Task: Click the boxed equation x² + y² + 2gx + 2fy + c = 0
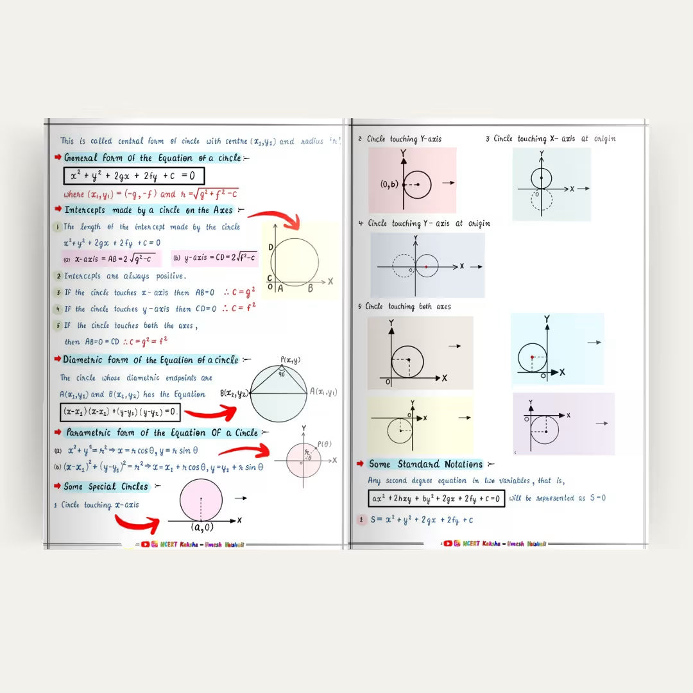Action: (x=133, y=176)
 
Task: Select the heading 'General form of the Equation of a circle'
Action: (x=153, y=158)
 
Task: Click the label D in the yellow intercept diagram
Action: (x=270, y=248)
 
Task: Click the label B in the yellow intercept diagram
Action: (x=310, y=289)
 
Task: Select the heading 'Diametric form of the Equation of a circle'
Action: (x=150, y=360)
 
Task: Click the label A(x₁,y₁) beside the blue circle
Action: (x=323, y=392)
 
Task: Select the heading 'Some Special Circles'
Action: (x=106, y=486)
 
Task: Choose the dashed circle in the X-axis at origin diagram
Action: (x=541, y=200)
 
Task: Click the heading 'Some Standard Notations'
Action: (x=425, y=464)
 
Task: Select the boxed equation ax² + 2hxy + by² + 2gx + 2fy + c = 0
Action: (x=436, y=498)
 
